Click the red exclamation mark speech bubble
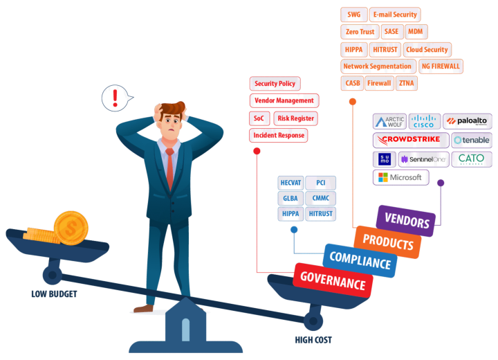[x=115, y=98]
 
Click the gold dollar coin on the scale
[x=70, y=226]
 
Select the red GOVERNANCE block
[x=333, y=281]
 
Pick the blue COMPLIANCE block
[x=359, y=260]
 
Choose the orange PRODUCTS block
[x=387, y=242]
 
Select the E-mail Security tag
[x=394, y=15]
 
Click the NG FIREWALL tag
[x=440, y=66]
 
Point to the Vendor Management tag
[x=284, y=101]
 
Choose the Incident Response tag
[x=277, y=135]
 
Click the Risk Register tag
[x=295, y=118]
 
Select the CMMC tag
[x=320, y=199]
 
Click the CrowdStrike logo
[x=411, y=140]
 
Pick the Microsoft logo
[x=400, y=178]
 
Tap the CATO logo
[x=472, y=159]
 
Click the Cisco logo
[x=424, y=121]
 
